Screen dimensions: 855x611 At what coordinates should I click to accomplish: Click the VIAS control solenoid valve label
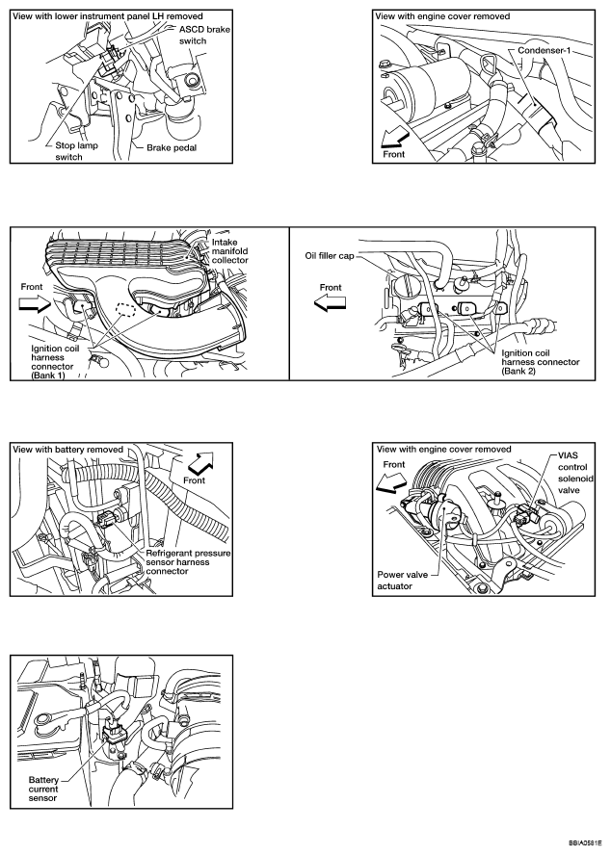(x=573, y=479)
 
